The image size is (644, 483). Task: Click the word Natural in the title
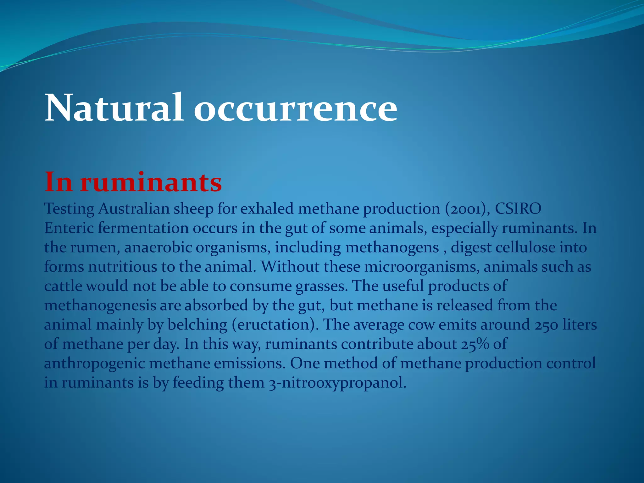114,108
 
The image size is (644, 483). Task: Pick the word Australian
134,208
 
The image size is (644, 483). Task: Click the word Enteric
69,228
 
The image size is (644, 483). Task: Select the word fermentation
143,228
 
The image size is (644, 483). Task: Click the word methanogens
392,247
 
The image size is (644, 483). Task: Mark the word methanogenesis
100,305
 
